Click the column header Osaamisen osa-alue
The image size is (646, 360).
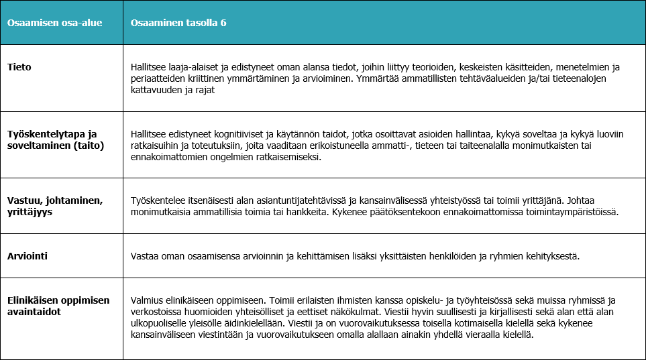tap(45, 23)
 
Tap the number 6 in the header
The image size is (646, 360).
tap(223, 23)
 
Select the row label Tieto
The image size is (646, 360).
tap(19, 67)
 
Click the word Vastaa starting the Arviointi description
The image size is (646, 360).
tap(146, 255)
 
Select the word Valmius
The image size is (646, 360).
tap(148, 300)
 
